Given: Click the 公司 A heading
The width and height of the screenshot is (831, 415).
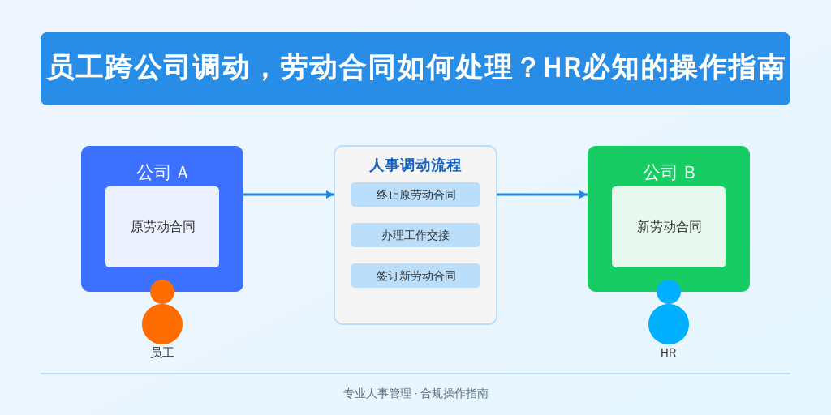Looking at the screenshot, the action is tap(162, 173).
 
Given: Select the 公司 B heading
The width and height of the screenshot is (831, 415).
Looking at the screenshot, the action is tap(669, 173).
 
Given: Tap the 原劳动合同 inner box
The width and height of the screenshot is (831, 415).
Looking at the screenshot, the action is tap(162, 227).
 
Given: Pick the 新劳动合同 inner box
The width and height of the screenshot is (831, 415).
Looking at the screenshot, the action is tap(669, 227).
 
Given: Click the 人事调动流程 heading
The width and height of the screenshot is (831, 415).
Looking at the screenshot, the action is tap(415, 165).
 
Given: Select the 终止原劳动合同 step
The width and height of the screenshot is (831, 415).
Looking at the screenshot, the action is tap(415, 195).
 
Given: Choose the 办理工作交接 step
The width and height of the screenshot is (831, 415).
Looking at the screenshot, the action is tap(415, 235).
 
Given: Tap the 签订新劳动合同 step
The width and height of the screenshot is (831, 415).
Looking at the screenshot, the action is tap(415, 276).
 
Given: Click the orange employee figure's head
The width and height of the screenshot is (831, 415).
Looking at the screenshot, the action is tap(162, 292).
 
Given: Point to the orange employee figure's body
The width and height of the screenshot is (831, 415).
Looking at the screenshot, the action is tap(162, 324).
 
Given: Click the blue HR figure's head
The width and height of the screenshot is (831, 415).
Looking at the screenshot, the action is tap(669, 292).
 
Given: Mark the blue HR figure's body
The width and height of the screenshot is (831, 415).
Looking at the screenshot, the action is tap(669, 324).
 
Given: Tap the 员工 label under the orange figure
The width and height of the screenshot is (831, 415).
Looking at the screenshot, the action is tap(162, 353).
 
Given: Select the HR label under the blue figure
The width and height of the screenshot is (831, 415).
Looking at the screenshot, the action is tap(669, 353).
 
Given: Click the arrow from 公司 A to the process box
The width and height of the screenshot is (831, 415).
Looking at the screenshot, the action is tap(290, 195).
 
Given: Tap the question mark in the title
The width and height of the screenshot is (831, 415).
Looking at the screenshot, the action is tap(527, 69).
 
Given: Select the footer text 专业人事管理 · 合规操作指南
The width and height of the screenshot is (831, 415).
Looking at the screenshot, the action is tap(415, 393).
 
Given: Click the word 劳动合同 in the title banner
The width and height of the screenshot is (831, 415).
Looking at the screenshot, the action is tap(338, 68).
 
